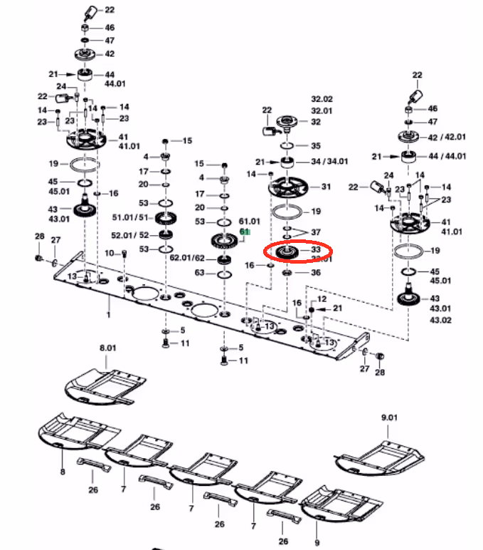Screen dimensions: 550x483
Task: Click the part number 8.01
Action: (107, 348)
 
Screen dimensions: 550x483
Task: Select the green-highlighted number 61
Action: (245, 232)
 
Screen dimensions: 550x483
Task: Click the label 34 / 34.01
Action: (329, 162)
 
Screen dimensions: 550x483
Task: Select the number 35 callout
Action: (316, 145)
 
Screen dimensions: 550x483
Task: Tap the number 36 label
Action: (316, 272)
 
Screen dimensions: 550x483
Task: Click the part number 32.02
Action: (322, 99)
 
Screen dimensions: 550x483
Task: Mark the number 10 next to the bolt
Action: (109, 254)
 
